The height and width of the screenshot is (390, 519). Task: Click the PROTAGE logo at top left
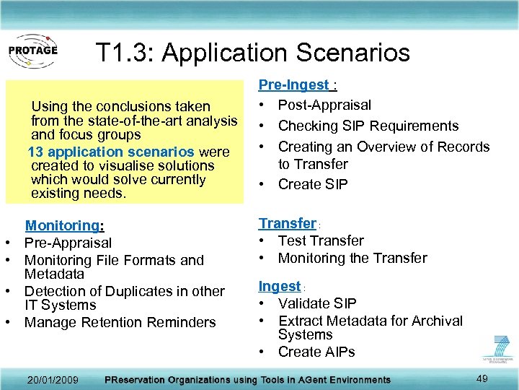(32, 51)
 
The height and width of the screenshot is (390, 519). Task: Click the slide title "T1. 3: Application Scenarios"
(252, 52)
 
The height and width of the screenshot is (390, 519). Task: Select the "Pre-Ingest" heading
(293, 85)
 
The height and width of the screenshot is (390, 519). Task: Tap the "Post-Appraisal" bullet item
(324, 105)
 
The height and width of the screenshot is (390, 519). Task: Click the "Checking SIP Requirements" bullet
(368, 126)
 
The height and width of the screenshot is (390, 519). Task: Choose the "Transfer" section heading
(288, 223)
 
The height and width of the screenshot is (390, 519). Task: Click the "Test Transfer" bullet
(321, 240)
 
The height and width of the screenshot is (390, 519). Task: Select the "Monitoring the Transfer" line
(352, 258)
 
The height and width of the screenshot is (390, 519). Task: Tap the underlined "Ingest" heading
(280, 286)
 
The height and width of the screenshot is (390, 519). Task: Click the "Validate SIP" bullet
(317, 303)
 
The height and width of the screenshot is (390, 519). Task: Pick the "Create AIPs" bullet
(316, 352)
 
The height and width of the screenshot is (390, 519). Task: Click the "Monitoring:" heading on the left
(65, 226)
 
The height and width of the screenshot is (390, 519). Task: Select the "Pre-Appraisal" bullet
(68, 243)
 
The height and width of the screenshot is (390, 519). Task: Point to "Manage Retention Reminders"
(120, 322)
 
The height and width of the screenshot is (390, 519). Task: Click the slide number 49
(482, 378)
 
